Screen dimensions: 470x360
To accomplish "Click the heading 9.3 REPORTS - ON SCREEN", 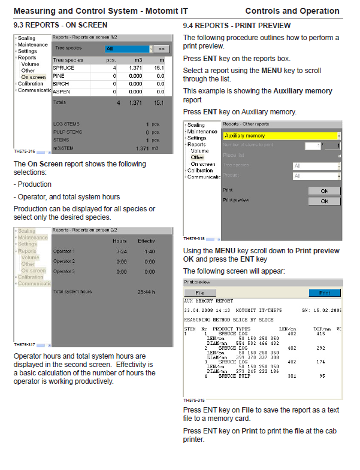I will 60,25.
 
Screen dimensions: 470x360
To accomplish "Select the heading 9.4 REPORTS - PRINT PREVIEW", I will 237,26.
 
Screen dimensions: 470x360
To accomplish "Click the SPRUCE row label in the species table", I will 63,68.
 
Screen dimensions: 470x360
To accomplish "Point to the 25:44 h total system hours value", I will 146,292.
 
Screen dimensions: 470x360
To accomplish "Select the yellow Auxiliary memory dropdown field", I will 280,136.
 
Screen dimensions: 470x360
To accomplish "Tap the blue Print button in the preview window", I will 324,293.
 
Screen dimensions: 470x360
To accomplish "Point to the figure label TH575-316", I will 24,151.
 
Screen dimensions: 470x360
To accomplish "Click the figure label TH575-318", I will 194,238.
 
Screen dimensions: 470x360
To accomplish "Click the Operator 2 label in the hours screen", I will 64,262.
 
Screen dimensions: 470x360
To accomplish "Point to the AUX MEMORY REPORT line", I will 208,301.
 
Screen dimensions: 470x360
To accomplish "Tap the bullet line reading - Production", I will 34,184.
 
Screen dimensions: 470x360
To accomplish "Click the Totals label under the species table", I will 60,103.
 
